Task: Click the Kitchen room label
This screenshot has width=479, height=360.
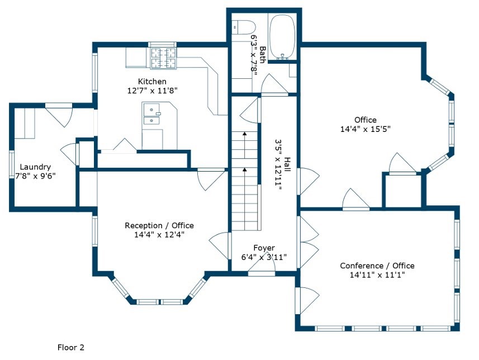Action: pyautogui.click(x=152, y=82)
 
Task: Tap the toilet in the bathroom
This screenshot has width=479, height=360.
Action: pyautogui.click(x=244, y=27)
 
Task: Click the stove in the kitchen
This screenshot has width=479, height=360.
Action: pyautogui.click(x=163, y=58)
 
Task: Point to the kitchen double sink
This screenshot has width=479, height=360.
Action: pyautogui.click(x=152, y=114)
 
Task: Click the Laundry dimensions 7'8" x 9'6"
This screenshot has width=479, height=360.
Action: pyautogui.click(x=36, y=176)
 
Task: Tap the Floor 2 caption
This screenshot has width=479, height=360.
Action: pyautogui.click(x=70, y=348)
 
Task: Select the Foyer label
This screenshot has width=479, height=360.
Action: pyautogui.click(x=264, y=248)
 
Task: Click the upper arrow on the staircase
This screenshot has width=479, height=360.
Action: pyautogui.click(x=244, y=145)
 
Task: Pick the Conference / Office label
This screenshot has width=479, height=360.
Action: pyautogui.click(x=377, y=266)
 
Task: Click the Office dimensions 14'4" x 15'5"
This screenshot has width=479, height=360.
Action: pyautogui.click(x=366, y=129)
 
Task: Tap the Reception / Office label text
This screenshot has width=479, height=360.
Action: pyautogui.click(x=159, y=225)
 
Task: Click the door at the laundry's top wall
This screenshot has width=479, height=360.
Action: pyautogui.click(x=59, y=115)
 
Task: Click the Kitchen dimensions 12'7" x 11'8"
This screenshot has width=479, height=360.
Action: pyautogui.click(x=152, y=91)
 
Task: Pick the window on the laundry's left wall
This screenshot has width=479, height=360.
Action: pyautogui.click(x=12, y=165)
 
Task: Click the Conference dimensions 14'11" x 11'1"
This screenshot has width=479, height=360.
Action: pyautogui.click(x=377, y=274)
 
